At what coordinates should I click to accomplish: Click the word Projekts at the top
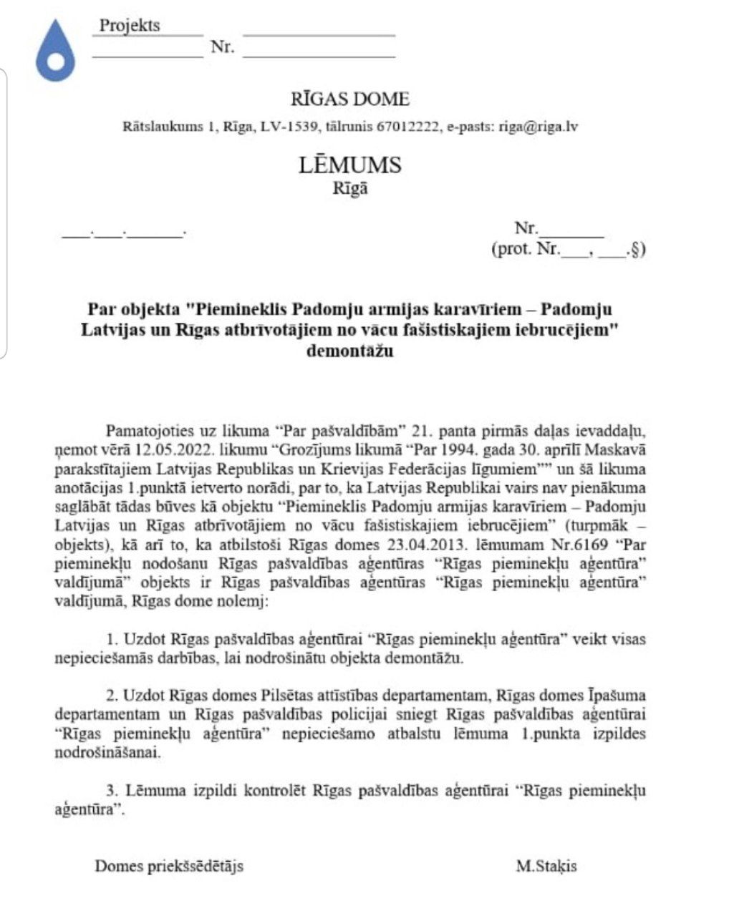(130, 26)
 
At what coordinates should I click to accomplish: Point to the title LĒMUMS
(350, 165)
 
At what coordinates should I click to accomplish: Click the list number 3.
(112, 791)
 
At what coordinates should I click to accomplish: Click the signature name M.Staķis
(546, 867)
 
